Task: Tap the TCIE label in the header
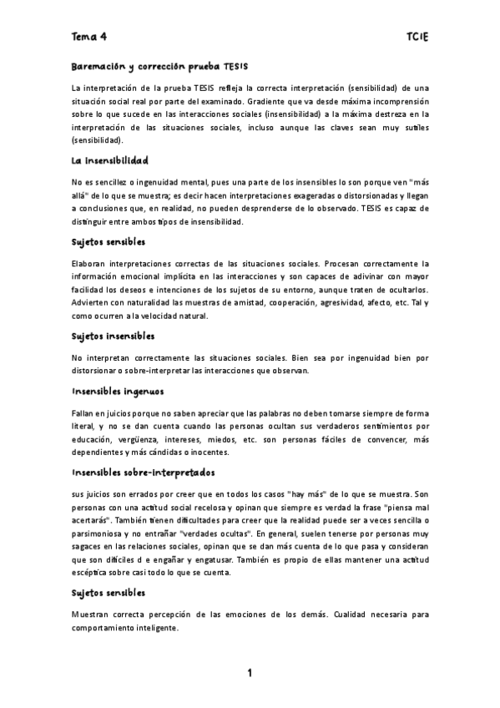417,37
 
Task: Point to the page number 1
250,673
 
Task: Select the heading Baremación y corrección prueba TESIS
159,66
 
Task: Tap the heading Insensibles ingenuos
117,390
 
